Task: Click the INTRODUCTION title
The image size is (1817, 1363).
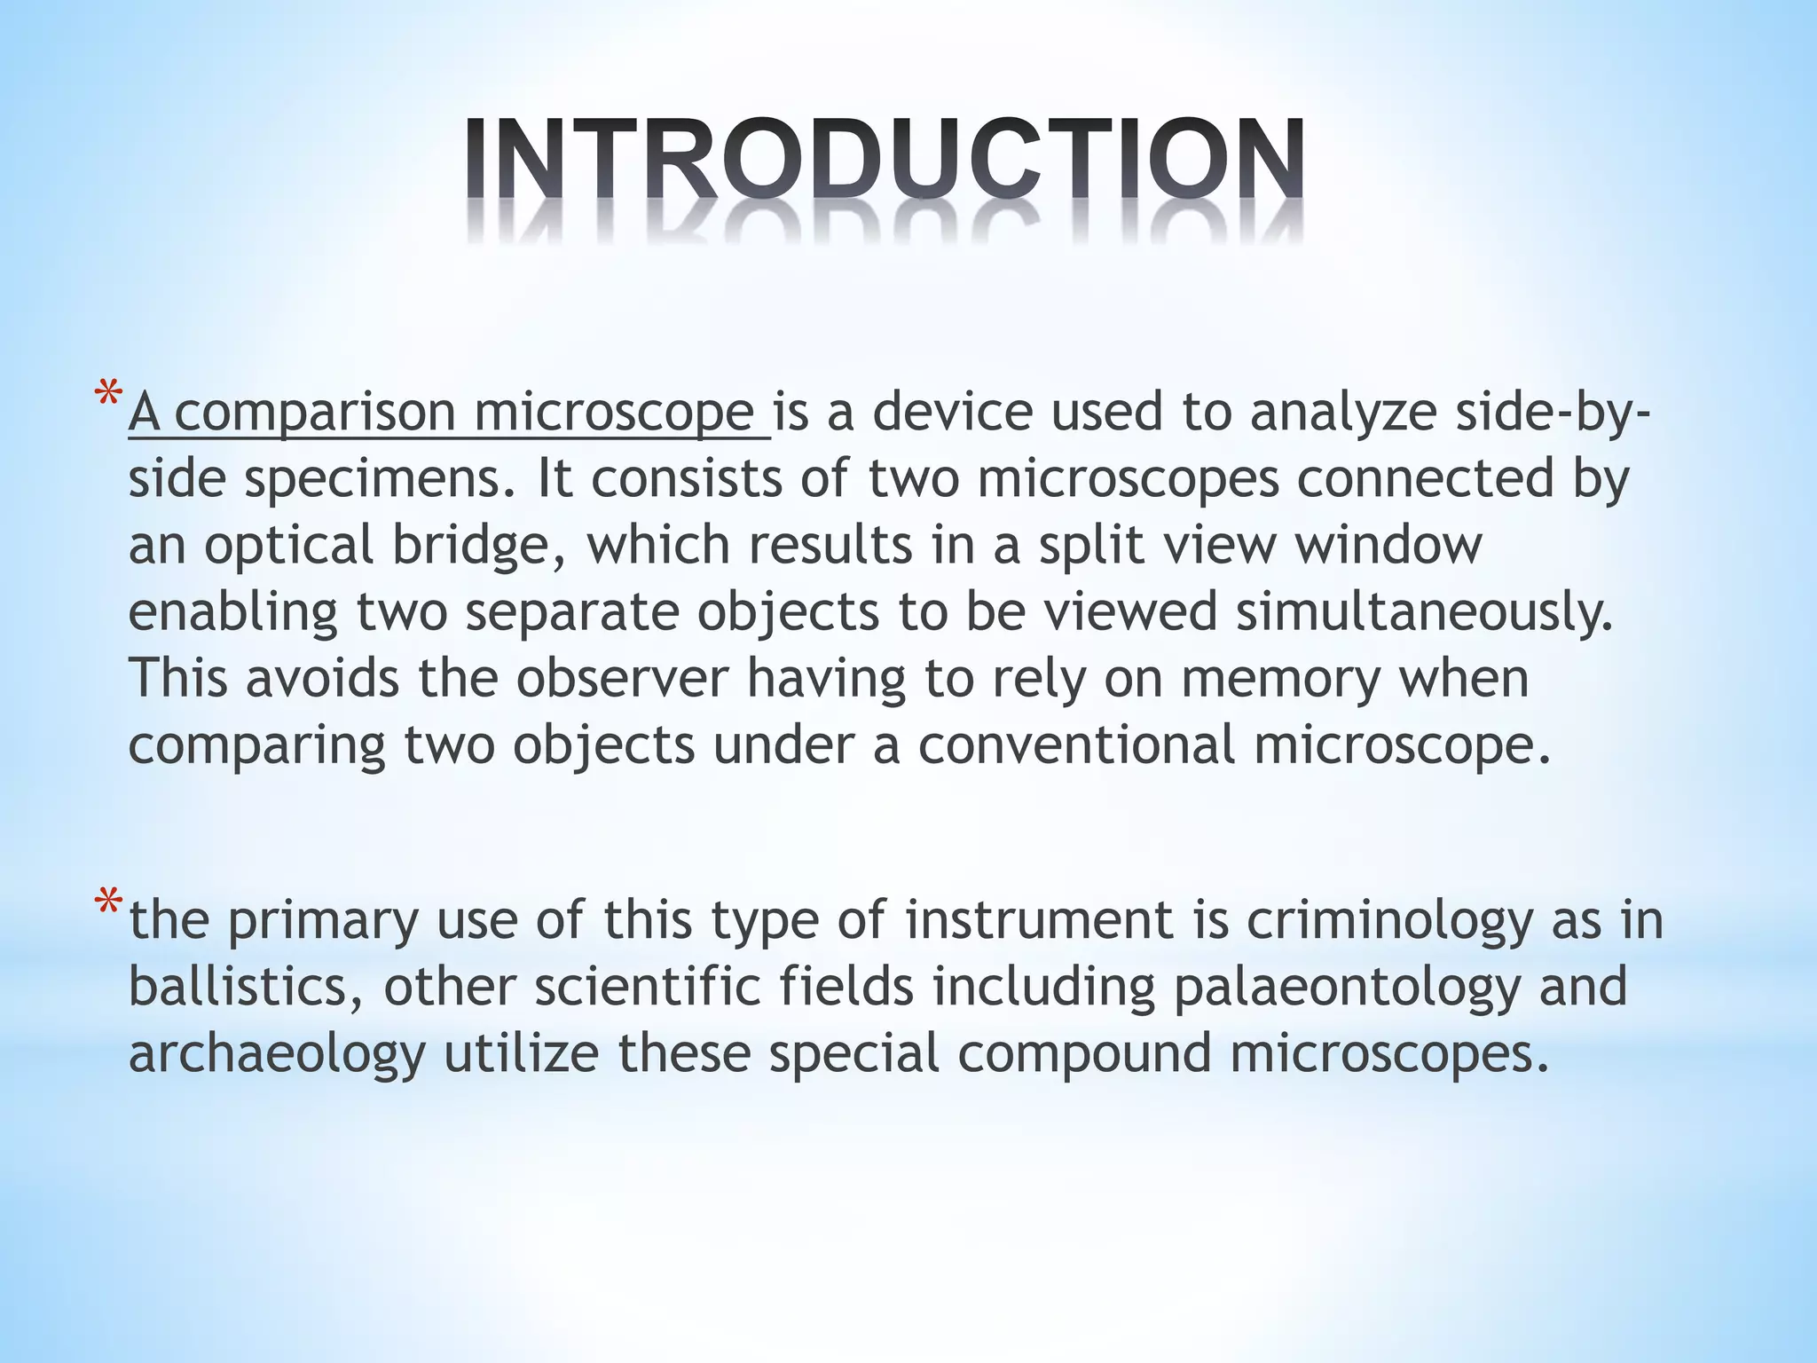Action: [885, 160]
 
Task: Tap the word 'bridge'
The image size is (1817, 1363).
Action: [479, 546]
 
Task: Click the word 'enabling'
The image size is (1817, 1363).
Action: [233, 613]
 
